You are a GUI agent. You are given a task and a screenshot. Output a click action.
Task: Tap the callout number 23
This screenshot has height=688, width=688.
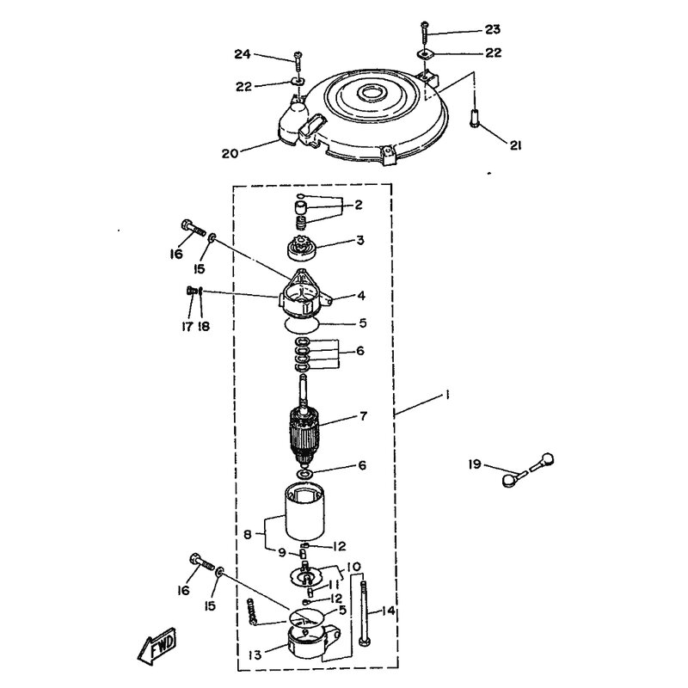pos(492,29)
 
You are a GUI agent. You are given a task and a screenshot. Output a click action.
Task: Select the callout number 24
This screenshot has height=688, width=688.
pos(243,54)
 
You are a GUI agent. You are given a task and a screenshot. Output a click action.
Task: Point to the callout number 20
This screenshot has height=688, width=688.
pos(230,154)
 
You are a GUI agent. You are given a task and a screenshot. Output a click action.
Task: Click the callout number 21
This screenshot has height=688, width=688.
pos(515,145)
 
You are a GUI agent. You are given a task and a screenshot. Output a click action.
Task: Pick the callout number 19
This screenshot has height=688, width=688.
pos(475,464)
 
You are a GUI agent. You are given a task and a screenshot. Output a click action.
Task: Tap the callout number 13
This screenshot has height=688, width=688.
pos(255,655)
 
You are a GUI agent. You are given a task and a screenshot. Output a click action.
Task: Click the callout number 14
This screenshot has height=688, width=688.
pos(389,611)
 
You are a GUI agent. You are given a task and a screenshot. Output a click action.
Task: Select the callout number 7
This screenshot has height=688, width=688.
pos(363,416)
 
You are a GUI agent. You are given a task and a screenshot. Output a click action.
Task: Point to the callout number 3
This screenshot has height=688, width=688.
pos(360,241)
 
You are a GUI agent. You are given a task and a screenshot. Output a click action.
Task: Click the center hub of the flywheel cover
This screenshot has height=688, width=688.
pos(370,92)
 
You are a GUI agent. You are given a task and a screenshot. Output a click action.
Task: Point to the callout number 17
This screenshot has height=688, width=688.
pos(187,327)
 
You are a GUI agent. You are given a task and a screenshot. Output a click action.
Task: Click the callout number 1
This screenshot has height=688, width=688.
pos(446,396)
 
